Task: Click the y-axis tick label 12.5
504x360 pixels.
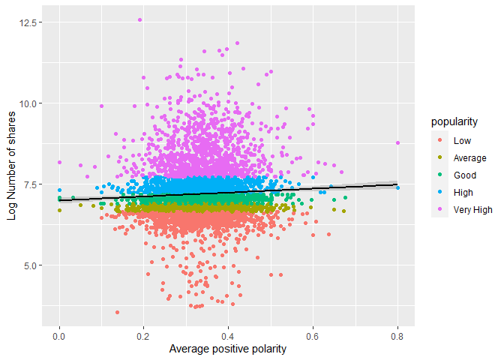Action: pyautogui.click(x=31, y=22)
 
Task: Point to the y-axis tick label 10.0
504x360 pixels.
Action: pyautogui.click(x=31, y=103)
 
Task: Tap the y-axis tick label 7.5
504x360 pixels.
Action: pyautogui.click(x=33, y=184)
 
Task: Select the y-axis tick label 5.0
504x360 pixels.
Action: pyautogui.click(x=33, y=265)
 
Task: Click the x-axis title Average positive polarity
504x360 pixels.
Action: pyautogui.click(x=228, y=349)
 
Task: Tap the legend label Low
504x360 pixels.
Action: pyautogui.click(x=461, y=140)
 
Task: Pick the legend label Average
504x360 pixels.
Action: pyautogui.click(x=469, y=158)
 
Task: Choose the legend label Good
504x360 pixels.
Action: pyautogui.click(x=465, y=175)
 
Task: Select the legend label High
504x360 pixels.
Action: pyautogui.click(x=463, y=193)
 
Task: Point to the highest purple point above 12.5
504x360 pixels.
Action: pyautogui.click(x=140, y=20)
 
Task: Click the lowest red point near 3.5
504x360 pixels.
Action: pyautogui.click(x=117, y=312)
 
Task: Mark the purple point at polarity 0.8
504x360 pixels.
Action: pyautogui.click(x=398, y=142)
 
